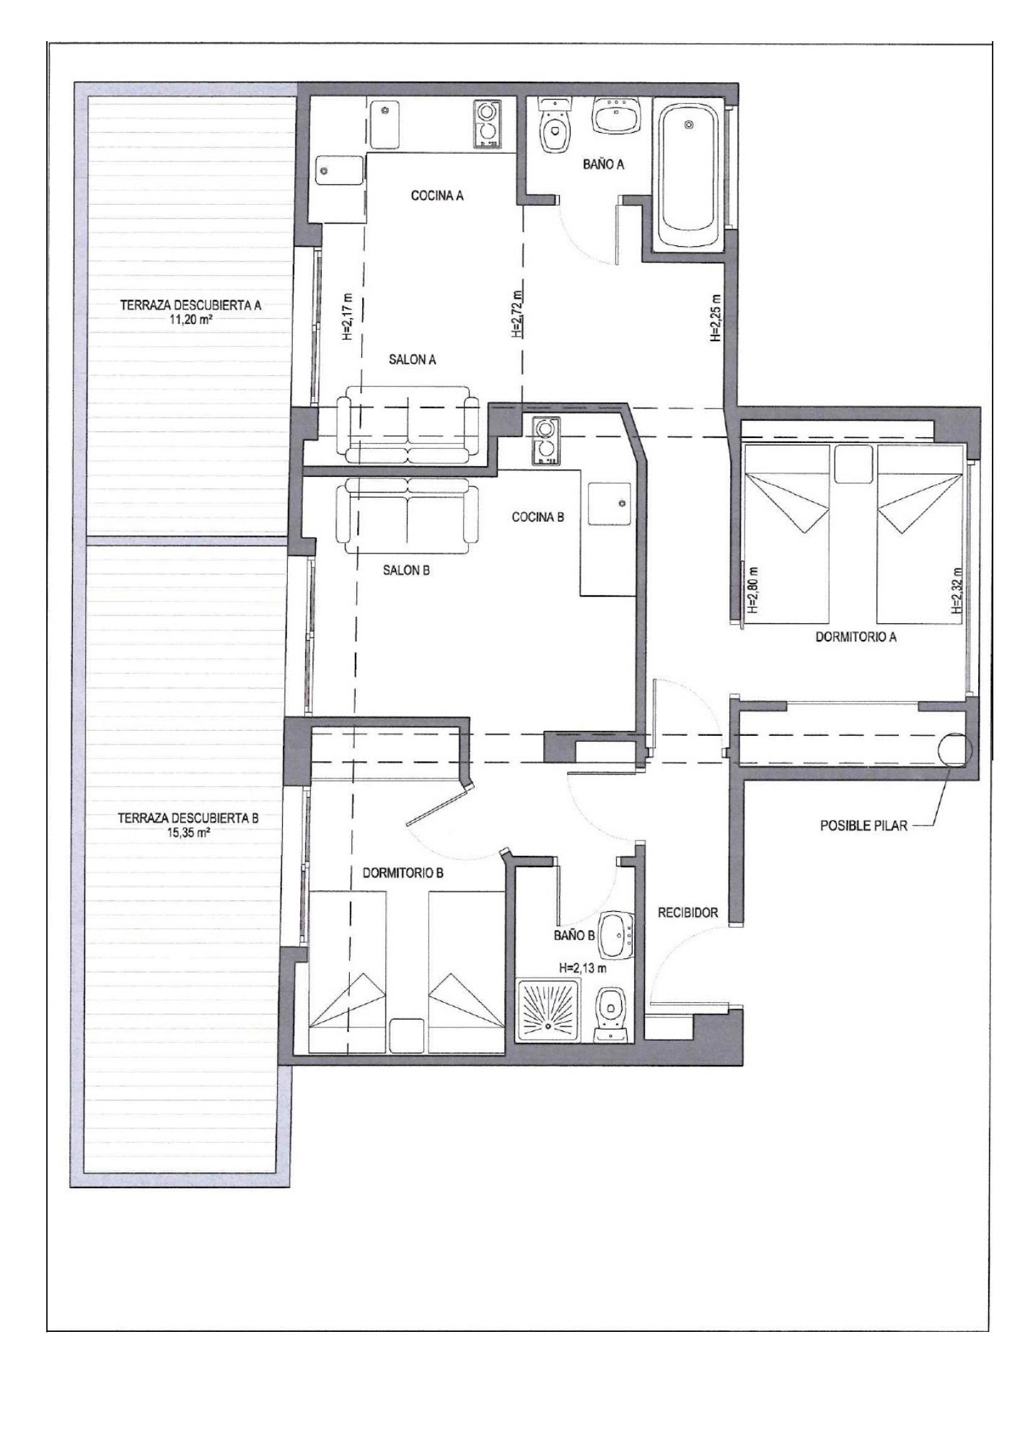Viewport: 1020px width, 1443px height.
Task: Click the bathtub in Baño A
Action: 689,174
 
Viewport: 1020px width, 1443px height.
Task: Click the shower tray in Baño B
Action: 549,1009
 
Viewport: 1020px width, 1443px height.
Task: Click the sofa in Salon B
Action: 408,515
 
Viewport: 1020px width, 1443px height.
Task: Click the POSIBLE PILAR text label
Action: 863,825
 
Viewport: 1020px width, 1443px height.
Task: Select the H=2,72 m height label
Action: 516,315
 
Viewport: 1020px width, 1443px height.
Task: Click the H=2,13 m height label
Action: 582,968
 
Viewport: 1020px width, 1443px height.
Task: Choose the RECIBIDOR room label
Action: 687,913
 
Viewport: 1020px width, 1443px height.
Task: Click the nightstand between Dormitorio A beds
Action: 853,464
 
